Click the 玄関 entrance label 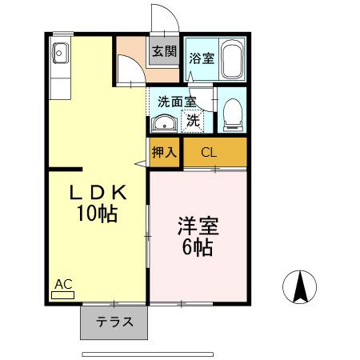click(x=163, y=51)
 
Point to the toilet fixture click(x=232, y=113)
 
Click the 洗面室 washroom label click(x=176, y=102)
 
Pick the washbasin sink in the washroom click(x=165, y=123)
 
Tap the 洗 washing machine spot click(x=193, y=121)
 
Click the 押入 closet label click(x=165, y=151)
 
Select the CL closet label click(x=207, y=151)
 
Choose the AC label click(x=63, y=283)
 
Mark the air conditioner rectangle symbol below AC click(x=62, y=294)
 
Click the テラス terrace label click(x=114, y=323)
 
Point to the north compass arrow click(x=301, y=287)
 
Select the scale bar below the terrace click(x=148, y=353)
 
